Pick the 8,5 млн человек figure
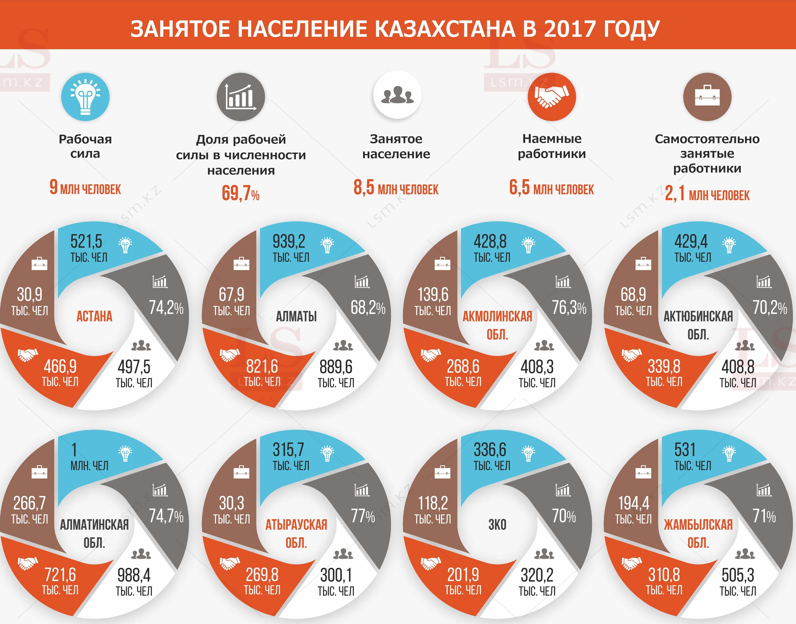396,188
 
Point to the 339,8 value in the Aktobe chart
664,366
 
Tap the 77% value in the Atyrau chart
363,516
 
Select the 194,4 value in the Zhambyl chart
633,503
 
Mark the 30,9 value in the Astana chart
30,294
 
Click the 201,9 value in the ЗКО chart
463,575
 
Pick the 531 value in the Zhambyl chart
685,450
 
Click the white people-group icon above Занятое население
397,95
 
